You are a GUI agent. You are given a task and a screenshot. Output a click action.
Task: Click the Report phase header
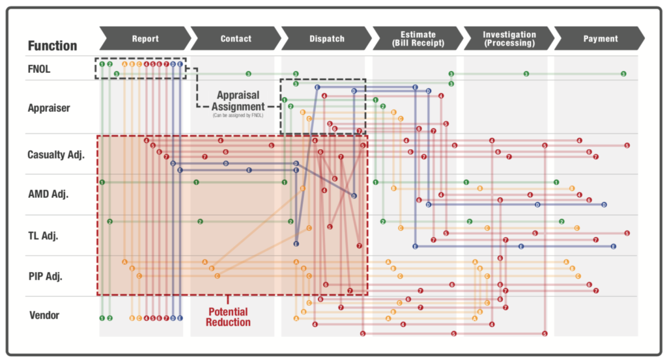(x=145, y=39)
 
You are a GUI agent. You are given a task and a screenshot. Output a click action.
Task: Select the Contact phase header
(x=236, y=39)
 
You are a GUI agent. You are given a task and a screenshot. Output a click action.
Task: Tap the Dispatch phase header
(x=326, y=39)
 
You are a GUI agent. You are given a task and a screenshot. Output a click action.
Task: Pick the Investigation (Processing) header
(x=509, y=38)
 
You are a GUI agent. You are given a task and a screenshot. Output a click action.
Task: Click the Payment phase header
(x=600, y=39)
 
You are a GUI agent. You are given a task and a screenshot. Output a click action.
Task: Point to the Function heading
(x=52, y=46)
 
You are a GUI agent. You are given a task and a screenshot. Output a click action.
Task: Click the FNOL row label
(x=39, y=68)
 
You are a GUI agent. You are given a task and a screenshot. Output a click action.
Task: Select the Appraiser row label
(x=48, y=107)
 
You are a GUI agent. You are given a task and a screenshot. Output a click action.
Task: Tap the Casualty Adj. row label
(x=56, y=155)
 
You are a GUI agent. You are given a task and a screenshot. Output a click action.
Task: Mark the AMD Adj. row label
(x=48, y=194)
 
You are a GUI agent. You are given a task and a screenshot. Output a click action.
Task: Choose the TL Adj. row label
(x=43, y=235)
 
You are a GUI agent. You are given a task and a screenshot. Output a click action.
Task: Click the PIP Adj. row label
(x=45, y=275)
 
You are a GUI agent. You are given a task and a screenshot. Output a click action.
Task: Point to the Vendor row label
(x=44, y=316)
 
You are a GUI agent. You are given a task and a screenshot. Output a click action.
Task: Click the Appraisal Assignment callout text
(x=240, y=100)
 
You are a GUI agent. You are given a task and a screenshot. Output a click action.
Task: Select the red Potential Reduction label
(x=228, y=316)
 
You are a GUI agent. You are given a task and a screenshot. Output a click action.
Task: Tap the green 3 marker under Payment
(x=623, y=74)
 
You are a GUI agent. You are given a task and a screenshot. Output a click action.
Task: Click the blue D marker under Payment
(x=604, y=204)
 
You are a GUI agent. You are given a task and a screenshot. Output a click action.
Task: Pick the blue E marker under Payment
(x=614, y=246)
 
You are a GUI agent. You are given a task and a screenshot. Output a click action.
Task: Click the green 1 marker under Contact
(x=196, y=182)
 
